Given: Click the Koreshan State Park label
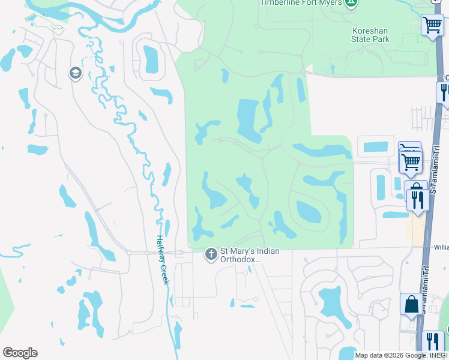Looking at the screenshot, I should pyautogui.click(x=370, y=34).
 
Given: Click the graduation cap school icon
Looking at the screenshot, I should pyautogui.click(x=75, y=74).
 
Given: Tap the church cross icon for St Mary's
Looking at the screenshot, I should pyautogui.click(x=211, y=254).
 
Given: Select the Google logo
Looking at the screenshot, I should pyautogui.click(x=20, y=353).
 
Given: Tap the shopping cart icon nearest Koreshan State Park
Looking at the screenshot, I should pyautogui.click(x=432, y=25).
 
